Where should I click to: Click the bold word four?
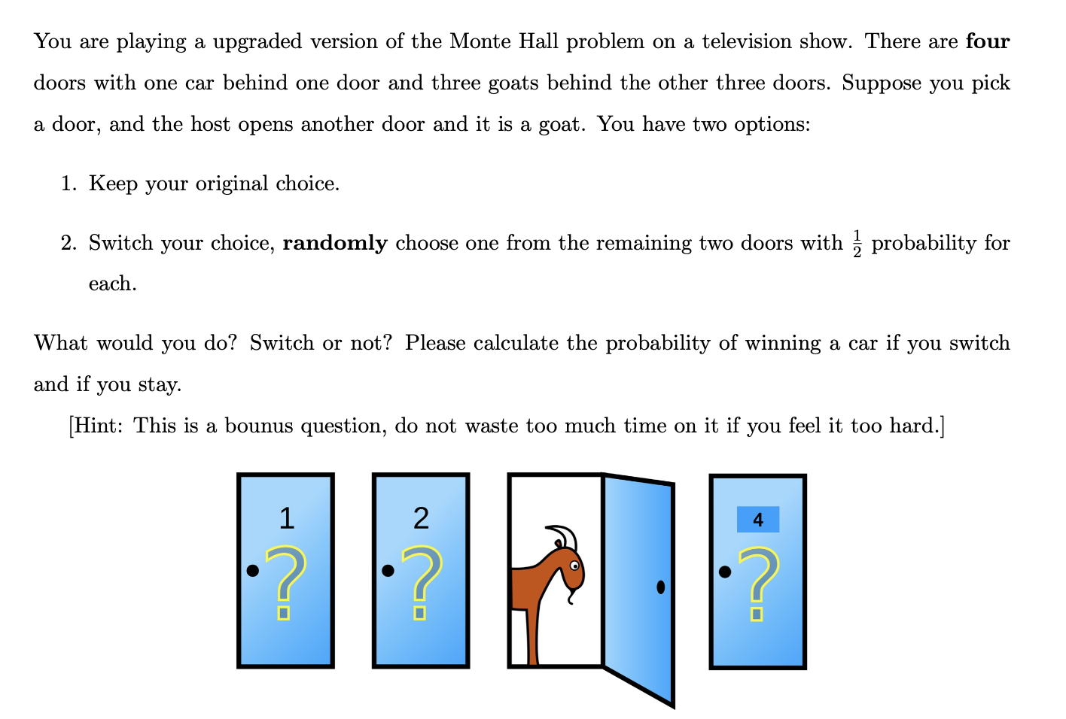point(987,41)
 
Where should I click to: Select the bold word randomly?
point(335,243)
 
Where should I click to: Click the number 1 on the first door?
point(286,518)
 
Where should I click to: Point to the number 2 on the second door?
point(421,518)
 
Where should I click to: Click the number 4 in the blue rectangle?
point(757,520)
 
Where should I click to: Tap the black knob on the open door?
point(660,587)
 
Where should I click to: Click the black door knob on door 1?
point(253,571)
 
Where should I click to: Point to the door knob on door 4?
point(724,572)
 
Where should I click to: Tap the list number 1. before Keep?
point(69,184)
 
